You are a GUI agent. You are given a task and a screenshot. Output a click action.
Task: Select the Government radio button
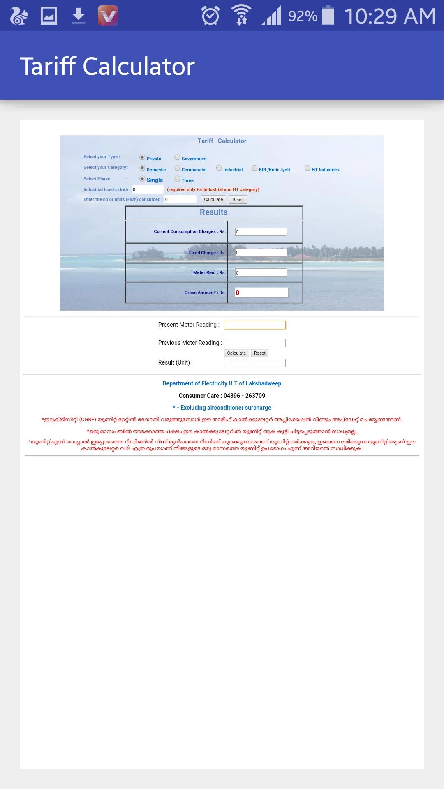[178, 157]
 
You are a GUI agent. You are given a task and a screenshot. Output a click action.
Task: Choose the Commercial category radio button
[178, 168]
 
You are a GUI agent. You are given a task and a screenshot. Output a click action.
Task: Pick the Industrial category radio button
[219, 168]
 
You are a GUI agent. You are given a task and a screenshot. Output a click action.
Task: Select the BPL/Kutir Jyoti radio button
[254, 168]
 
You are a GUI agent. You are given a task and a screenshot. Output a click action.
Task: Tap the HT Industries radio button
[308, 168]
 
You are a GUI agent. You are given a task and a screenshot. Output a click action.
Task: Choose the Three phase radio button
[178, 179]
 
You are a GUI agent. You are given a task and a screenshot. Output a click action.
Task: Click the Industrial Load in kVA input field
[148, 189]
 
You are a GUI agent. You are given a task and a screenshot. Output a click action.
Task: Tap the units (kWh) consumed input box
[180, 199]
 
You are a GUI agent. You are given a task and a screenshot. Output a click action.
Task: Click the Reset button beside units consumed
[238, 200]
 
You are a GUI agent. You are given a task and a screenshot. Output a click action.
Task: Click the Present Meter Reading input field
[255, 325]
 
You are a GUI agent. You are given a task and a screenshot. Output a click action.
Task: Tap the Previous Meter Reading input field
[255, 343]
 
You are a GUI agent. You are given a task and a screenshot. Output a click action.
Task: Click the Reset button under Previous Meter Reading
[260, 353]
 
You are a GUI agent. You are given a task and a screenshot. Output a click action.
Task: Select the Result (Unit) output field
[255, 363]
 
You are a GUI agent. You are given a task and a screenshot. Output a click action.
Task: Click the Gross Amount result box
[261, 293]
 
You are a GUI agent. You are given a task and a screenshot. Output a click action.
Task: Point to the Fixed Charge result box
[261, 253]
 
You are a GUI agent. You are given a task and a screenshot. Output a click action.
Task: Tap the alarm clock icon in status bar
[210, 16]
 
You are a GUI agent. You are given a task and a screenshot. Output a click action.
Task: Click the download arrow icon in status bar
[78, 16]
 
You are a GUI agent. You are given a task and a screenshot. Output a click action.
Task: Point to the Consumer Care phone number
[244, 396]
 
